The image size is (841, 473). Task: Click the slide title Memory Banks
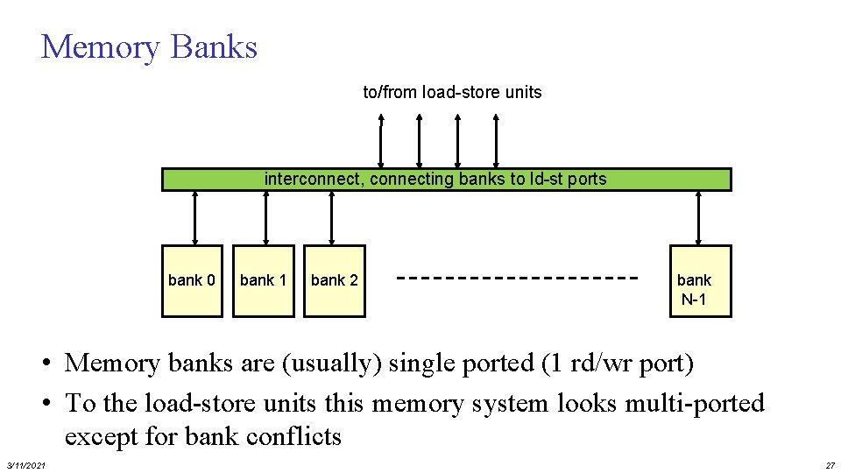pyautogui.click(x=149, y=46)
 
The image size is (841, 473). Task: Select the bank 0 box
pyautogui.click(x=193, y=280)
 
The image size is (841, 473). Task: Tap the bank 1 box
pyautogui.click(x=264, y=280)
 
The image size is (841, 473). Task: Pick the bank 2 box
pyautogui.click(x=335, y=280)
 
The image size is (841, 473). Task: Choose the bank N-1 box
pyautogui.click(x=700, y=281)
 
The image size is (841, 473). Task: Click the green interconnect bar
pyautogui.click(x=447, y=180)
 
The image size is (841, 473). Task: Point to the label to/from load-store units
pyautogui.click(x=452, y=92)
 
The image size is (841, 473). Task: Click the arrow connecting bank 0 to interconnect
pyautogui.click(x=194, y=217)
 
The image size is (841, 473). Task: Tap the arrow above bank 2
pyautogui.click(x=332, y=217)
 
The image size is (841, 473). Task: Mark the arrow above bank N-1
pyautogui.click(x=698, y=217)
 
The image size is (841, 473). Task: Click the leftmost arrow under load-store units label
pyautogui.click(x=381, y=140)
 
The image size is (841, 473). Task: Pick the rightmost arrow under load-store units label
pyautogui.click(x=496, y=140)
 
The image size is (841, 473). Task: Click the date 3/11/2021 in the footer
pyautogui.click(x=26, y=464)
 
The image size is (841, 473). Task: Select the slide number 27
pyautogui.click(x=829, y=464)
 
